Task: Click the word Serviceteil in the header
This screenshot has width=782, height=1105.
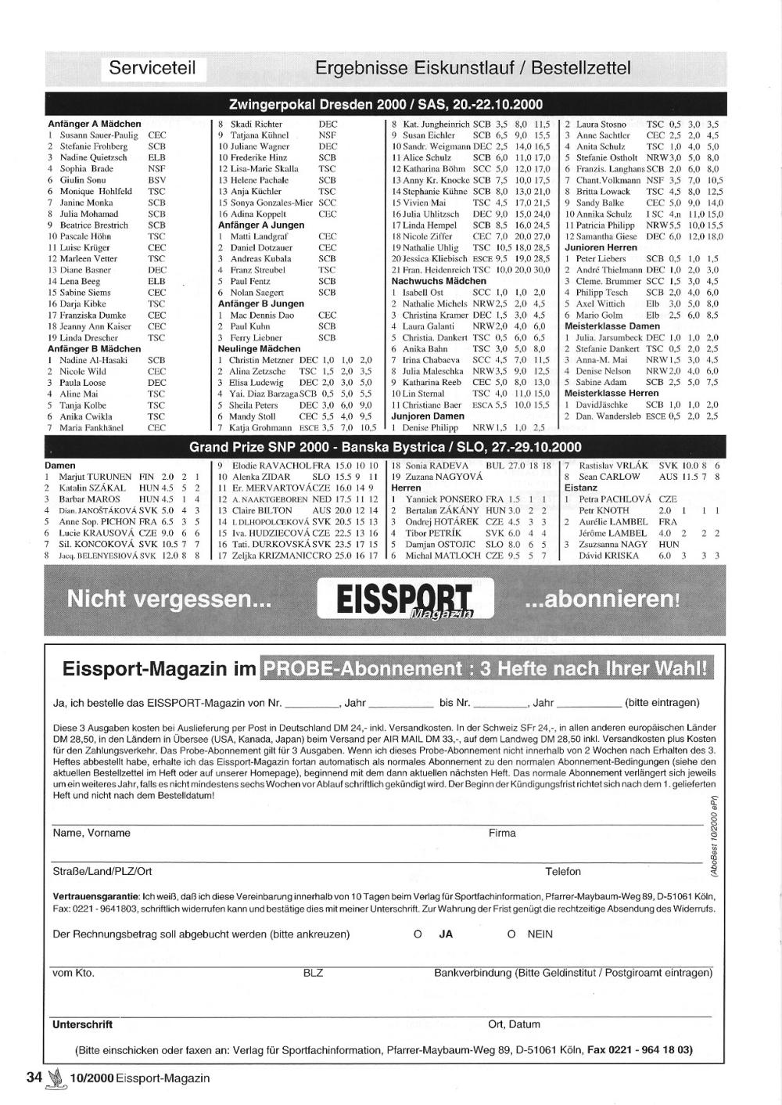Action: tap(152, 68)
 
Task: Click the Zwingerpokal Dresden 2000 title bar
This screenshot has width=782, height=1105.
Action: tap(386, 105)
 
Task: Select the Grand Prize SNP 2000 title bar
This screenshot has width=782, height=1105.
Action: tap(386, 448)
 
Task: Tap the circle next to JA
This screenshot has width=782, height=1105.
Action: tap(418, 934)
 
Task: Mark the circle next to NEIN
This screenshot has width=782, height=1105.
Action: tap(511, 934)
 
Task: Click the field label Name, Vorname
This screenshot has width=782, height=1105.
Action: tap(91, 833)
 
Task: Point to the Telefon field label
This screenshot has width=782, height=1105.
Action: tap(563, 872)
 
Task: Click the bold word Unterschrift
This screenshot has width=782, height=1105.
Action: tap(82, 1024)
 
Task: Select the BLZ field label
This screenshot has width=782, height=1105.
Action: tap(313, 974)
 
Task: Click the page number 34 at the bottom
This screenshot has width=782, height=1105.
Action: tap(34, 1078)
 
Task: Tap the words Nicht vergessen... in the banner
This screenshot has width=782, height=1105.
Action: tap(169, 599)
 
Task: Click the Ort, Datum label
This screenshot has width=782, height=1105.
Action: tap(514, 1024)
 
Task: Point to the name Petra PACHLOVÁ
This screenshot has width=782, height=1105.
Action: tap(615, 499)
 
